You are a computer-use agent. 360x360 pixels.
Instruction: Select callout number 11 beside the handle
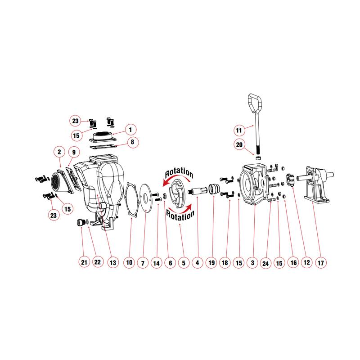[x=239, y=130]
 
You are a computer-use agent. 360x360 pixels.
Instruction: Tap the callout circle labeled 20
[x=239, y=144]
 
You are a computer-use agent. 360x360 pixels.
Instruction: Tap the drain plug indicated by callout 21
[x=81, y=222]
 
